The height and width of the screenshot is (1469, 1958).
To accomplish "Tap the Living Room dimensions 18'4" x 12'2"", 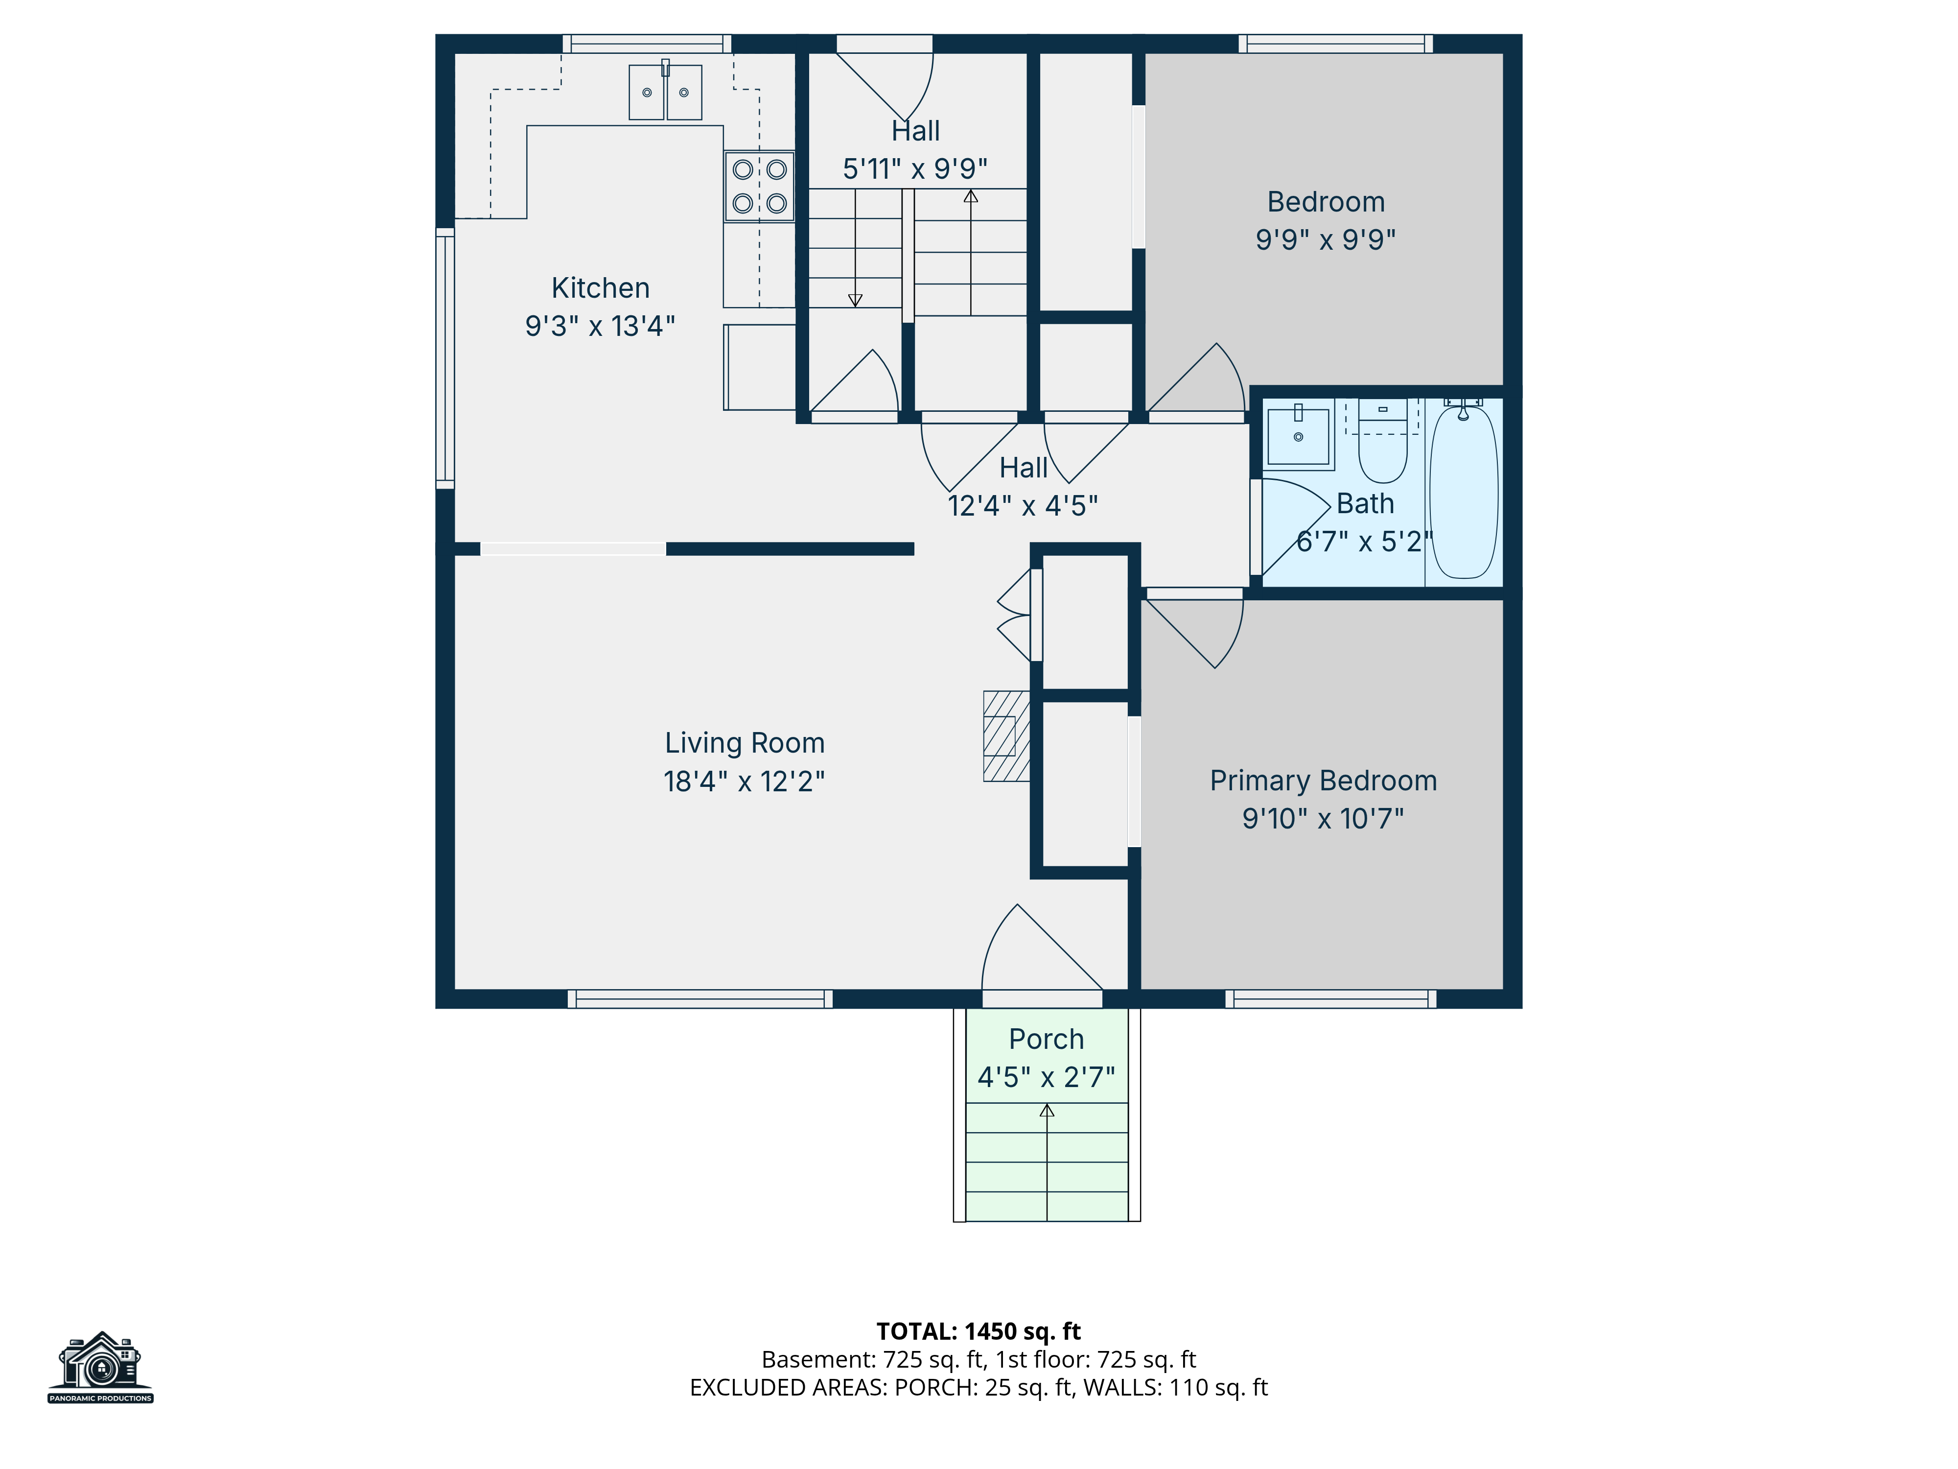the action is [x=745, y=781].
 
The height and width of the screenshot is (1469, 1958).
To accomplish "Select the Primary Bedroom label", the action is [x=1323, y=781].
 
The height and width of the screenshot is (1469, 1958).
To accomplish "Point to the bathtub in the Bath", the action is [x=1464, y=492].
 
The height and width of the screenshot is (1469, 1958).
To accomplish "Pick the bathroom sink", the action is [x=1299, y=434].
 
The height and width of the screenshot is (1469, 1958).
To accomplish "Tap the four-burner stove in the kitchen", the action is [x=760, y=186].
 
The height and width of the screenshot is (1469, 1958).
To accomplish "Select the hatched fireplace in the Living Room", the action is [x=1006, y=736].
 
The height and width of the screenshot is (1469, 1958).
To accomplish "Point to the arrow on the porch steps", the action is [x=1047, y=1162].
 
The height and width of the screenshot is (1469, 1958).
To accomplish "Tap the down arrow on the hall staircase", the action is [x=855, y=248].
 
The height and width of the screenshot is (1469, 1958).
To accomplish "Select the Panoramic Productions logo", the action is [x=101, y=1368].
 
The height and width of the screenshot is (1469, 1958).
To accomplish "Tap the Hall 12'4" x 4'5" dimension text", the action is [x=1023, y=506].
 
